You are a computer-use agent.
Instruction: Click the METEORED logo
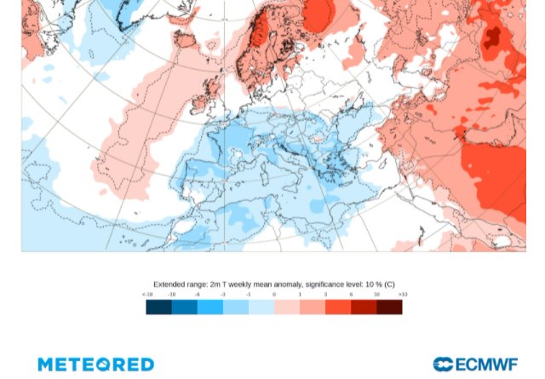[95, 365]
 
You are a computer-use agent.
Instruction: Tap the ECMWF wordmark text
[487, 365]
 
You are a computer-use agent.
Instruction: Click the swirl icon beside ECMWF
[443, 365]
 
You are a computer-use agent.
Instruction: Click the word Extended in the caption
[169, 284]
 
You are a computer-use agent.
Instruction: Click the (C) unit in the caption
[389, 284]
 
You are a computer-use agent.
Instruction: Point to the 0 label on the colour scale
[274, 295]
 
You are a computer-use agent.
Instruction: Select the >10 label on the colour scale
[402, 295]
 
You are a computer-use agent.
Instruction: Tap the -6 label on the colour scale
[198, 295]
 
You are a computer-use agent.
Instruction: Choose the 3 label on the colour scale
[325, 295]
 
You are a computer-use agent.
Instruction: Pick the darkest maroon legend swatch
[389, 307]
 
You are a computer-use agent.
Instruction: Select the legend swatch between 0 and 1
[287, 307]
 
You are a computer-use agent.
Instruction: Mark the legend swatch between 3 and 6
[338, 307]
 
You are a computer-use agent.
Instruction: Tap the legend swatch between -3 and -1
[236, 307]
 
